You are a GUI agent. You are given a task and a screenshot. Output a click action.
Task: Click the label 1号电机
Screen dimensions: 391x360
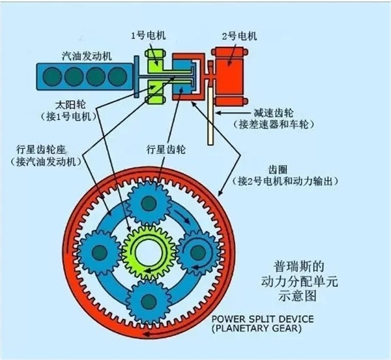coord(149,36)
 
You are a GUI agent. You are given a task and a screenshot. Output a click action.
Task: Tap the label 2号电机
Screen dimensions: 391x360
coord(240,36)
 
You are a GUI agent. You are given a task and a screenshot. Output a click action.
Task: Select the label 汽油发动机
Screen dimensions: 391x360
coord(87,56)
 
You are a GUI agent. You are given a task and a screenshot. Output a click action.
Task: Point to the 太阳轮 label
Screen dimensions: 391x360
coord(70,104)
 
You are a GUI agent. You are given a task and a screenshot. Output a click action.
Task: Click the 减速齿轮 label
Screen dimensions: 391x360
coord(274,113)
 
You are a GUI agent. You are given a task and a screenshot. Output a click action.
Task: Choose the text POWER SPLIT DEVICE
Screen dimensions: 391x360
coord(263,319)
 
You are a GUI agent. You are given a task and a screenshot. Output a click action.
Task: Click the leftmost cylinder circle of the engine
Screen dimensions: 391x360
coord(52,76)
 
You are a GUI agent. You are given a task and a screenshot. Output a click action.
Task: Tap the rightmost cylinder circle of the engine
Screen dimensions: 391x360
coord(118,76)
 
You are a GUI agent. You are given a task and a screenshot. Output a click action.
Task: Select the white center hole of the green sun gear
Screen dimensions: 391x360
coord(149,252)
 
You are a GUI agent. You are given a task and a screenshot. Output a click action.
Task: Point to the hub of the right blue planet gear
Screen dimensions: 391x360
coord(198,252)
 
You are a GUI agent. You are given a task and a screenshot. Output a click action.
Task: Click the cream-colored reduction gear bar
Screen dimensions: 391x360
coord(210,115)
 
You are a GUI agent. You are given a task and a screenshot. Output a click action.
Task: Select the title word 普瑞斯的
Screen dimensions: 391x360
coord(298,266)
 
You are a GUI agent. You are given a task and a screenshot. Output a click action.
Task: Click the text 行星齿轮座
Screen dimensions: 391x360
coord(40,150)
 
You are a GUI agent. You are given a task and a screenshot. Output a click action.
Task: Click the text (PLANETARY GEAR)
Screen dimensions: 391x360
coord(257,328)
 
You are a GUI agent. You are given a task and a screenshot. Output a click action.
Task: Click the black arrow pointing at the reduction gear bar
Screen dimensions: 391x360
coord(234,113)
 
